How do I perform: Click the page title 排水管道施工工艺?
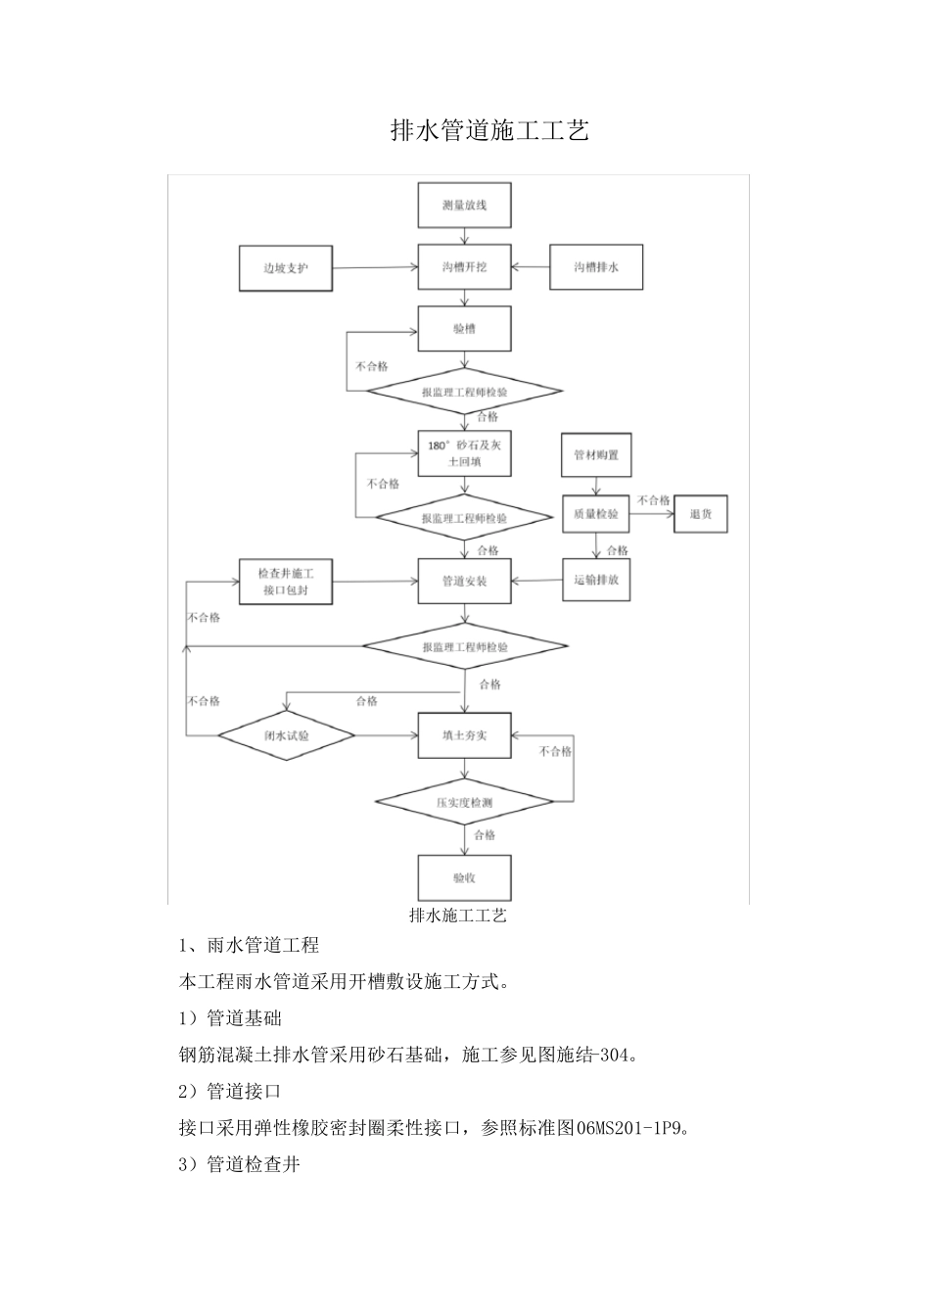[x=489, y=131]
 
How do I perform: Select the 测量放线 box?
[x=464, y=206]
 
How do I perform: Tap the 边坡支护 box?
[x=286, y=267]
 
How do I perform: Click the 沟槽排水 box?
[x=596, y=267]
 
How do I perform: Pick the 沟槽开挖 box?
[x=464, y=267]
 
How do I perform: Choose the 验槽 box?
[x=464, y=329]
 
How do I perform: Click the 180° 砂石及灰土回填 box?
[x=464, y=453]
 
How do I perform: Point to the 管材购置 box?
[x=596, y=454]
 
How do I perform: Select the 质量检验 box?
[x=596, y=514]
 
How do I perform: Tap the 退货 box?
[x=701, y=514]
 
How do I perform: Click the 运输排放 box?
[x=596, y=580]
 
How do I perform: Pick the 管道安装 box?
[x=464, y=582]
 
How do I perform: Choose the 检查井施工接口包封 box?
[x=286, y=582]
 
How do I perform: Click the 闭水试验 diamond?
[x=286, y=735]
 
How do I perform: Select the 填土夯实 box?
[x=464, y=735]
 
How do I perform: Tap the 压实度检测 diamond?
[x=464, y=803]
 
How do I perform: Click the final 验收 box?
[x=464, y=878]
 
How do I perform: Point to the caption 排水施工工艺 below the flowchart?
[x=457, y=916]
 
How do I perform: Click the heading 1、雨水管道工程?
[x=250, y=946]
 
